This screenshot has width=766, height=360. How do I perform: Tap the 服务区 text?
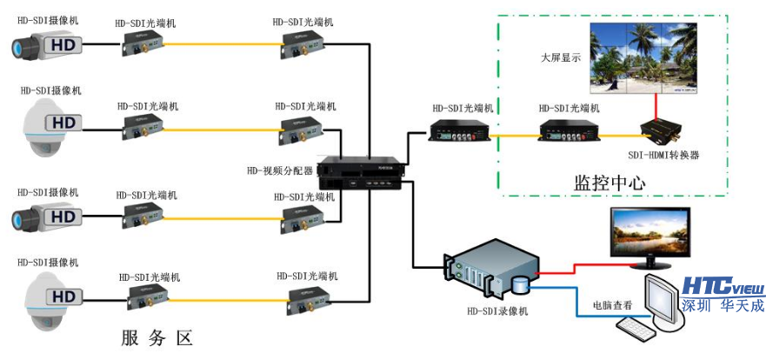156,337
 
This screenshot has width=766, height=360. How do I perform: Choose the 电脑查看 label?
612,305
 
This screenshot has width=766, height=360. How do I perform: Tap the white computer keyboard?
636,329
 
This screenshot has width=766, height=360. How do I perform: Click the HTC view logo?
722,286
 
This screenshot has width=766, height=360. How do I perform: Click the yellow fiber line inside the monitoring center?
513,136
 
